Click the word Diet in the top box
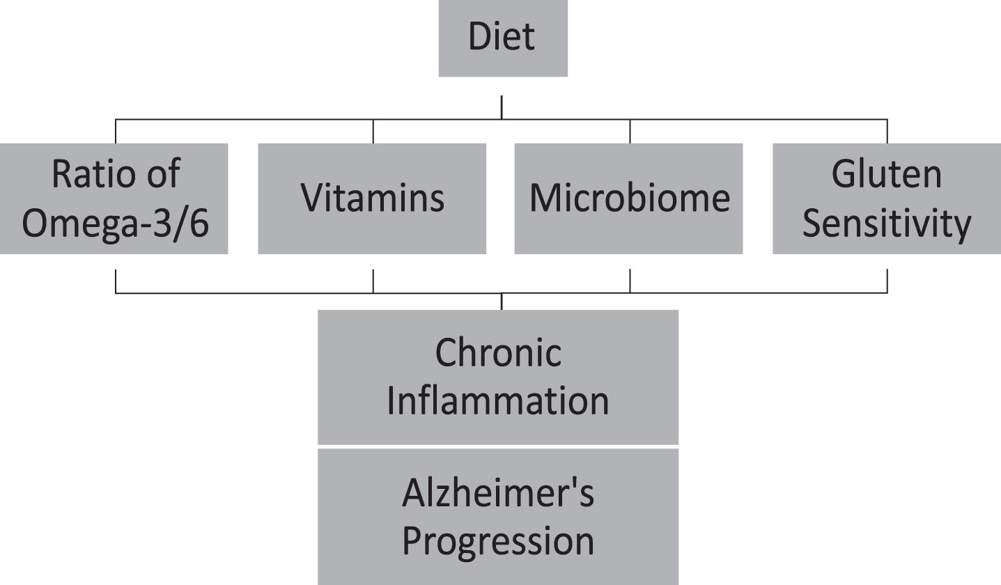(502, 36)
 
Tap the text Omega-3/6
(116, 223)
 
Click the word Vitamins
(372, 198)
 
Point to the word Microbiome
(630, 198)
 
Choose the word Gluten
(887, 173)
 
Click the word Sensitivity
(887, 223)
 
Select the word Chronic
(498, 352)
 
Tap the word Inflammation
(498, 401)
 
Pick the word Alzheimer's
(498, 493)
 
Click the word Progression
(498, 542)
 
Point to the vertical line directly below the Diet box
(502, 107)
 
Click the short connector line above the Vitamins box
(373, 132)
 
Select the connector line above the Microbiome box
(630, 132)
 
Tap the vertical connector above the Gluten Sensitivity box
(887, 132)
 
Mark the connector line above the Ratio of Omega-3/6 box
(116, 132)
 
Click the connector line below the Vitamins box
(373, 281)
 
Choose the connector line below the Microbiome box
(630, 281)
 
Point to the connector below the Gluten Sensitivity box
(887, 281)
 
